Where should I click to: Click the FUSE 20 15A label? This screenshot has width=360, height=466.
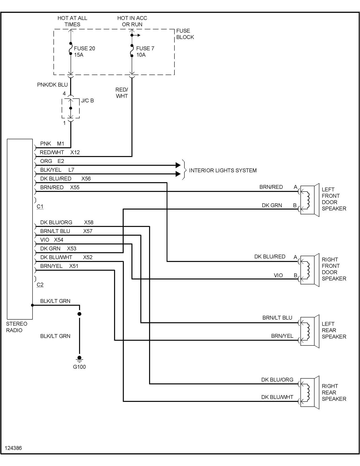click(x=84, y=52)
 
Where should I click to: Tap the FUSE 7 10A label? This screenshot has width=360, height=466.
click(x=145, y=52)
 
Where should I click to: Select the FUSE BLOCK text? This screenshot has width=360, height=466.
click(x=185, y=34)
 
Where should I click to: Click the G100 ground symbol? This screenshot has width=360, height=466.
click(x=79, y=359)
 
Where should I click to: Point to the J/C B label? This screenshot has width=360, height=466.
click(x=87, y=101)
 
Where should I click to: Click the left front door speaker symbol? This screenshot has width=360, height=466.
click(x=309, y=200)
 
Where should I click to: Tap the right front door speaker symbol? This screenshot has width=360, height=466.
click(x=309, y=270)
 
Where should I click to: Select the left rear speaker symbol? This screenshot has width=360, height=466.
click(x=309, y=331)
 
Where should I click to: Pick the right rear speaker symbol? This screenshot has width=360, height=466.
click(x=309, y=392)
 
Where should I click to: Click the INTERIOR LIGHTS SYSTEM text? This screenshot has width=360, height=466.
click(x=222, y=170)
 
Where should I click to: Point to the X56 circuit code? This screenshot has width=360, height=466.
click(x=86, y=178)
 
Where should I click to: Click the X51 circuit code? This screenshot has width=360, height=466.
click(x=74, y=266)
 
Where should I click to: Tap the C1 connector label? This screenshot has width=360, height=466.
click(x=40, y=206)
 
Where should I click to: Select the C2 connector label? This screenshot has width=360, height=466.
click(x=40, y=285)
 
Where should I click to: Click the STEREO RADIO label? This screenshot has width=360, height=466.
click(x=17, y=327)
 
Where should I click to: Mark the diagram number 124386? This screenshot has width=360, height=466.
click(x=13, y=448)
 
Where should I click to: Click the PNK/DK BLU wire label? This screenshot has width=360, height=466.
click(x=52, y=85)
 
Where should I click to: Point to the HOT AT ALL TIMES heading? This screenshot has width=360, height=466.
click(x=72, y=21)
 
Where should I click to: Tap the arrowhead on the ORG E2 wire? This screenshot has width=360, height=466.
click(x=178, y=165)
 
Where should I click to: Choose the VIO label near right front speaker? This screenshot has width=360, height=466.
click(x=278, y=275)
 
